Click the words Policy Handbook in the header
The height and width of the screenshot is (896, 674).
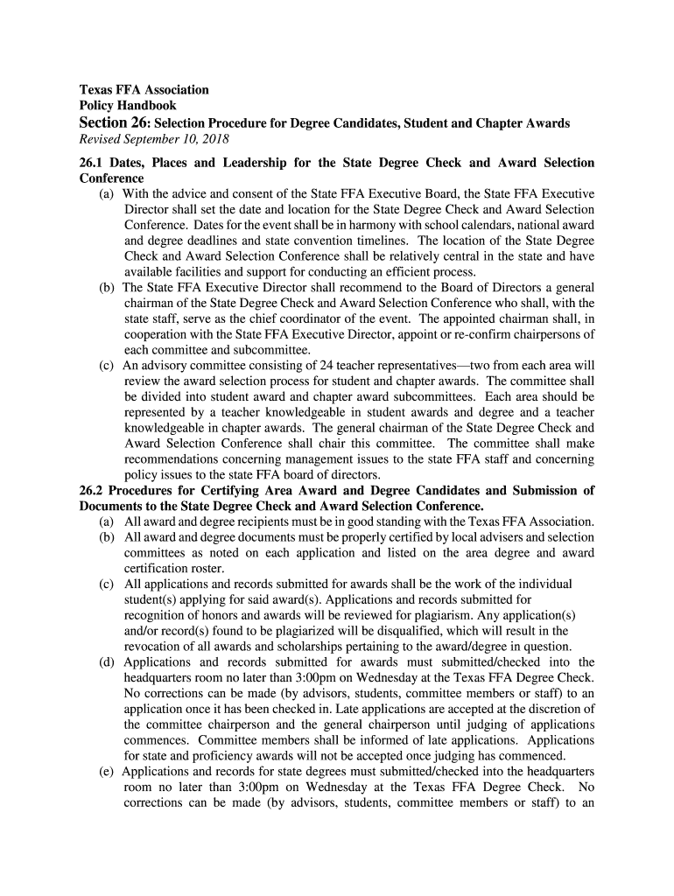pos(128,106)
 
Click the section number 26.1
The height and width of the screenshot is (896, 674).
pos(94,163)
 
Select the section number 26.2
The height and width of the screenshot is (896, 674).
pos(94,491)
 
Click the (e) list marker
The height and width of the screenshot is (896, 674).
pos(109,772)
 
